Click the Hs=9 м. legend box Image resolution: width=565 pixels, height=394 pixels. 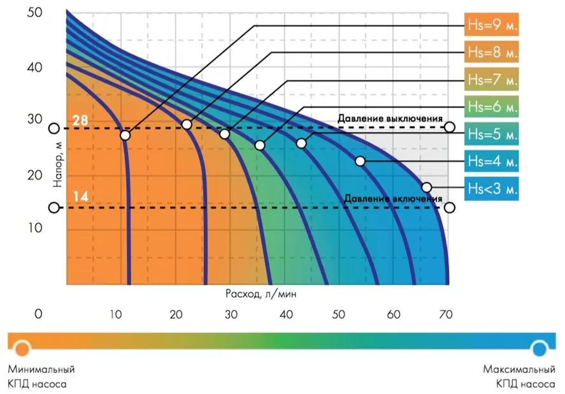(x=492, y=25)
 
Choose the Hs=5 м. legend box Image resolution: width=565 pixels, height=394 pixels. (x=492, y=134)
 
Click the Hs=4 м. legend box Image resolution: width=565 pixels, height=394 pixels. (x=492, y=161)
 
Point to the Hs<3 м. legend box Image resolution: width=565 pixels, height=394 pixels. (x=492, y=188)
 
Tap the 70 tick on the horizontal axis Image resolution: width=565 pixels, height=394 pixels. (x=445, y=314)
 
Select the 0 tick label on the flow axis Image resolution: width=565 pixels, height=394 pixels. (x=39, y=314)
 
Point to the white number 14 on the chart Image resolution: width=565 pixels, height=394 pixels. (x=80, y=197)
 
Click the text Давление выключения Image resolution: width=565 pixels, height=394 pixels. (x=390, y=119)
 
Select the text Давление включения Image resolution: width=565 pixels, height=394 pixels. (x=393, y=199)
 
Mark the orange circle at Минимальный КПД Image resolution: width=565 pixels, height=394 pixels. (x=22, y=348)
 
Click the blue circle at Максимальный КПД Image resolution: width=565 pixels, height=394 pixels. (x=540, y=348)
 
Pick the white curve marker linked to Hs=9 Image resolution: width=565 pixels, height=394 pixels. (x=125, y=135)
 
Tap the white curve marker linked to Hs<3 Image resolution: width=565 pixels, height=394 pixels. (x=427, y=187)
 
